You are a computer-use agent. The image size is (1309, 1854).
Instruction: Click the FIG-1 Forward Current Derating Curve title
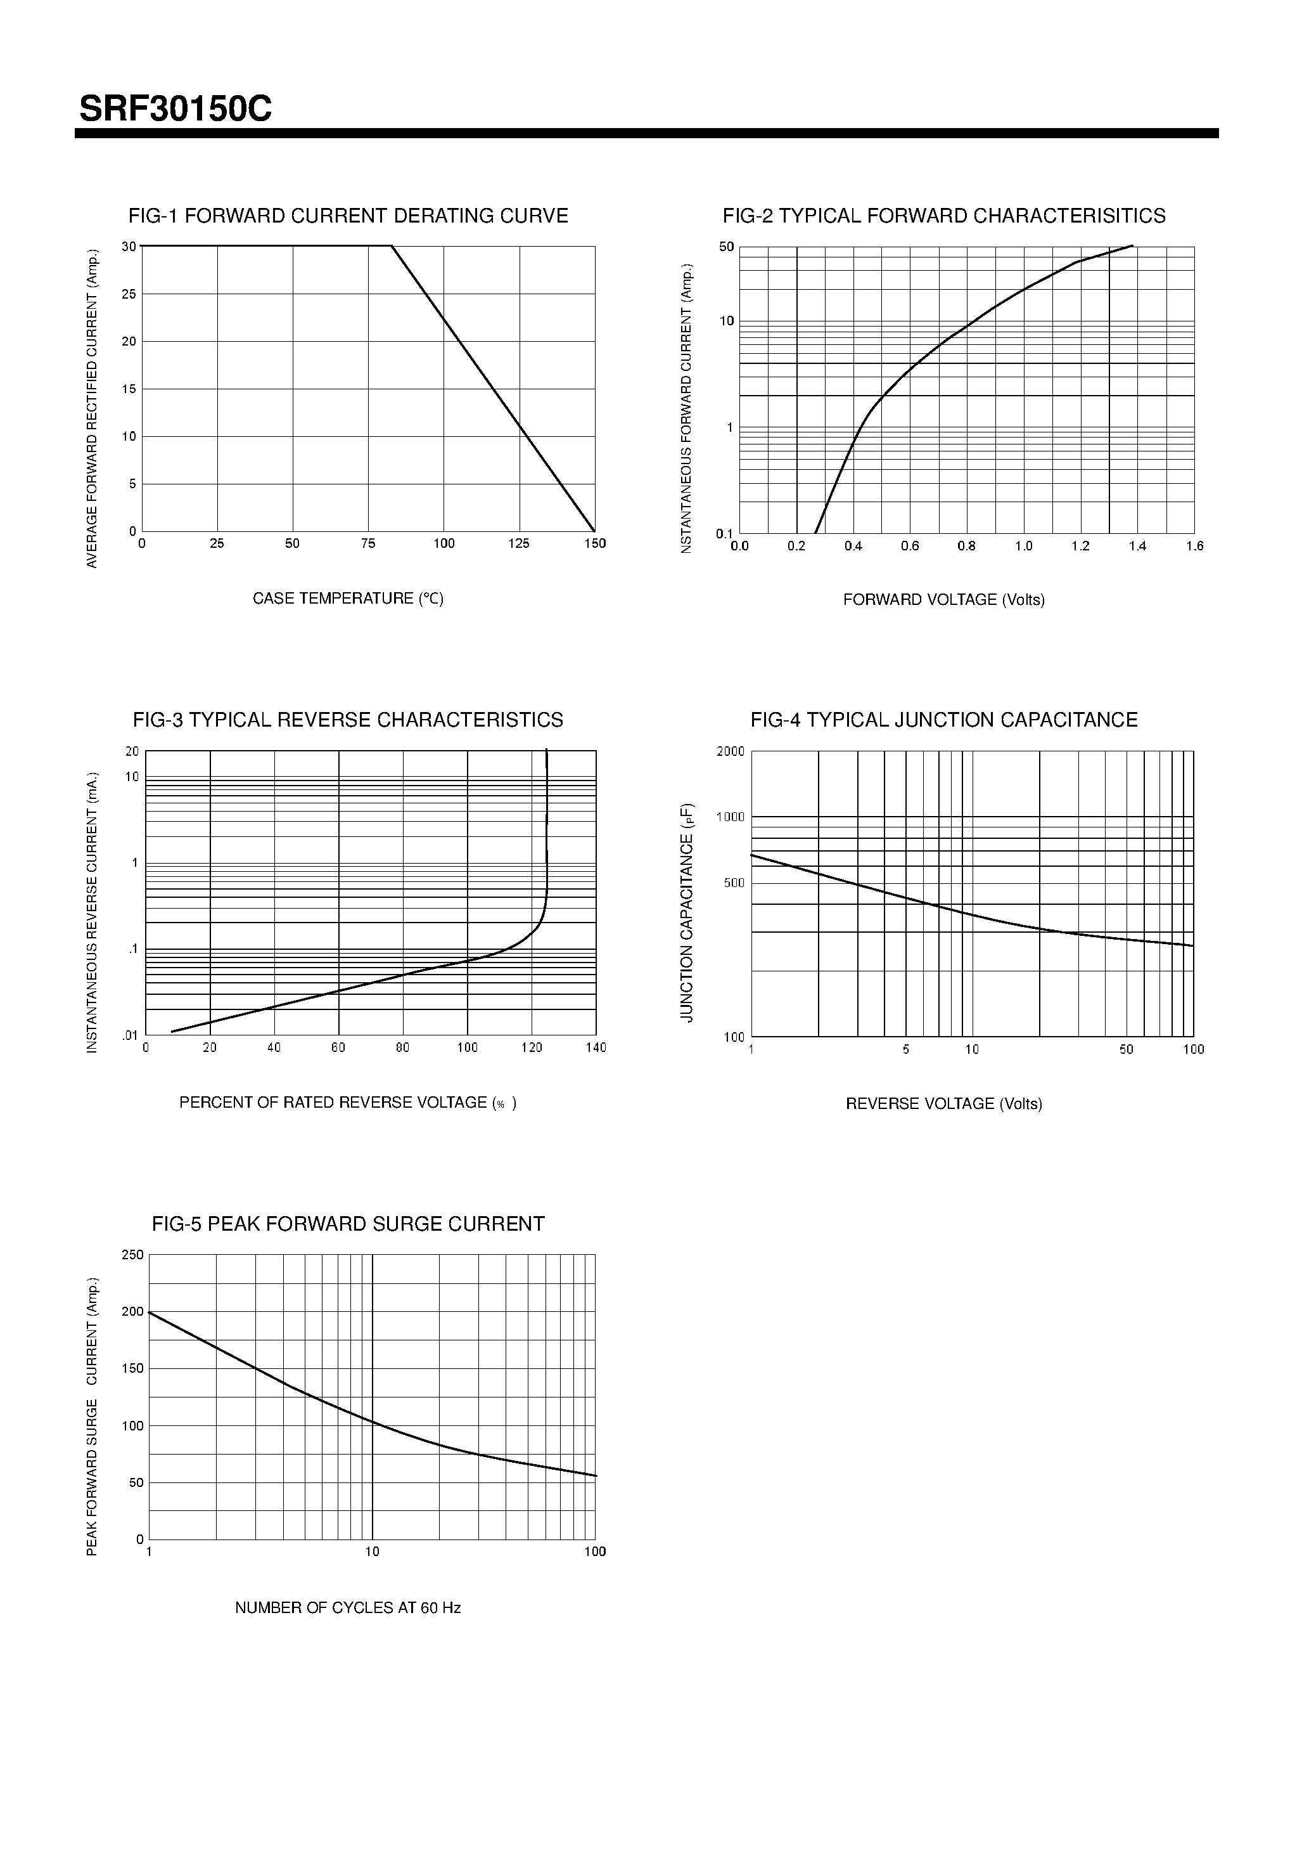(348, 216)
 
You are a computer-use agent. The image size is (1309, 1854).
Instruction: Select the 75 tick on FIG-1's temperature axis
(368, 543)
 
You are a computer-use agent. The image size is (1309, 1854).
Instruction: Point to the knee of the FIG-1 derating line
(392, 245)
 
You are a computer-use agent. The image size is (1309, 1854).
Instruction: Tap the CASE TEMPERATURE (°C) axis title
(348, 599)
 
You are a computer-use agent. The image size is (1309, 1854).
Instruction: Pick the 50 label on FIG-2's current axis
(726, 246)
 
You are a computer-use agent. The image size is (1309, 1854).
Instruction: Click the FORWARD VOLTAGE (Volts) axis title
(943, 599)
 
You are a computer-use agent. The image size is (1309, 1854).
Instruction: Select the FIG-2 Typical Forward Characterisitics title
(943, 216)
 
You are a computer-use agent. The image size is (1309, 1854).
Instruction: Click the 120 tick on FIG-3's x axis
(531, 1047)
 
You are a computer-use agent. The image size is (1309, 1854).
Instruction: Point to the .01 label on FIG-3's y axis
(130, 1035)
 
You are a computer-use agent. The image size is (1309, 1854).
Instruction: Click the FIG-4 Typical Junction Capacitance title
(943, 720)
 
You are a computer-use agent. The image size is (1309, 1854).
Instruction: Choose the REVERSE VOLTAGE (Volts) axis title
(943, 1103)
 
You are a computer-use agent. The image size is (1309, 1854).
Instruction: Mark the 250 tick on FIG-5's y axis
(132, 1254)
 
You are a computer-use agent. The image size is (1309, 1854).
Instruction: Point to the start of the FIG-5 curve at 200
(150, 1312)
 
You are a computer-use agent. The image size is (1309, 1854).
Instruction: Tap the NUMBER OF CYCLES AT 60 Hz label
(348, 1608)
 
